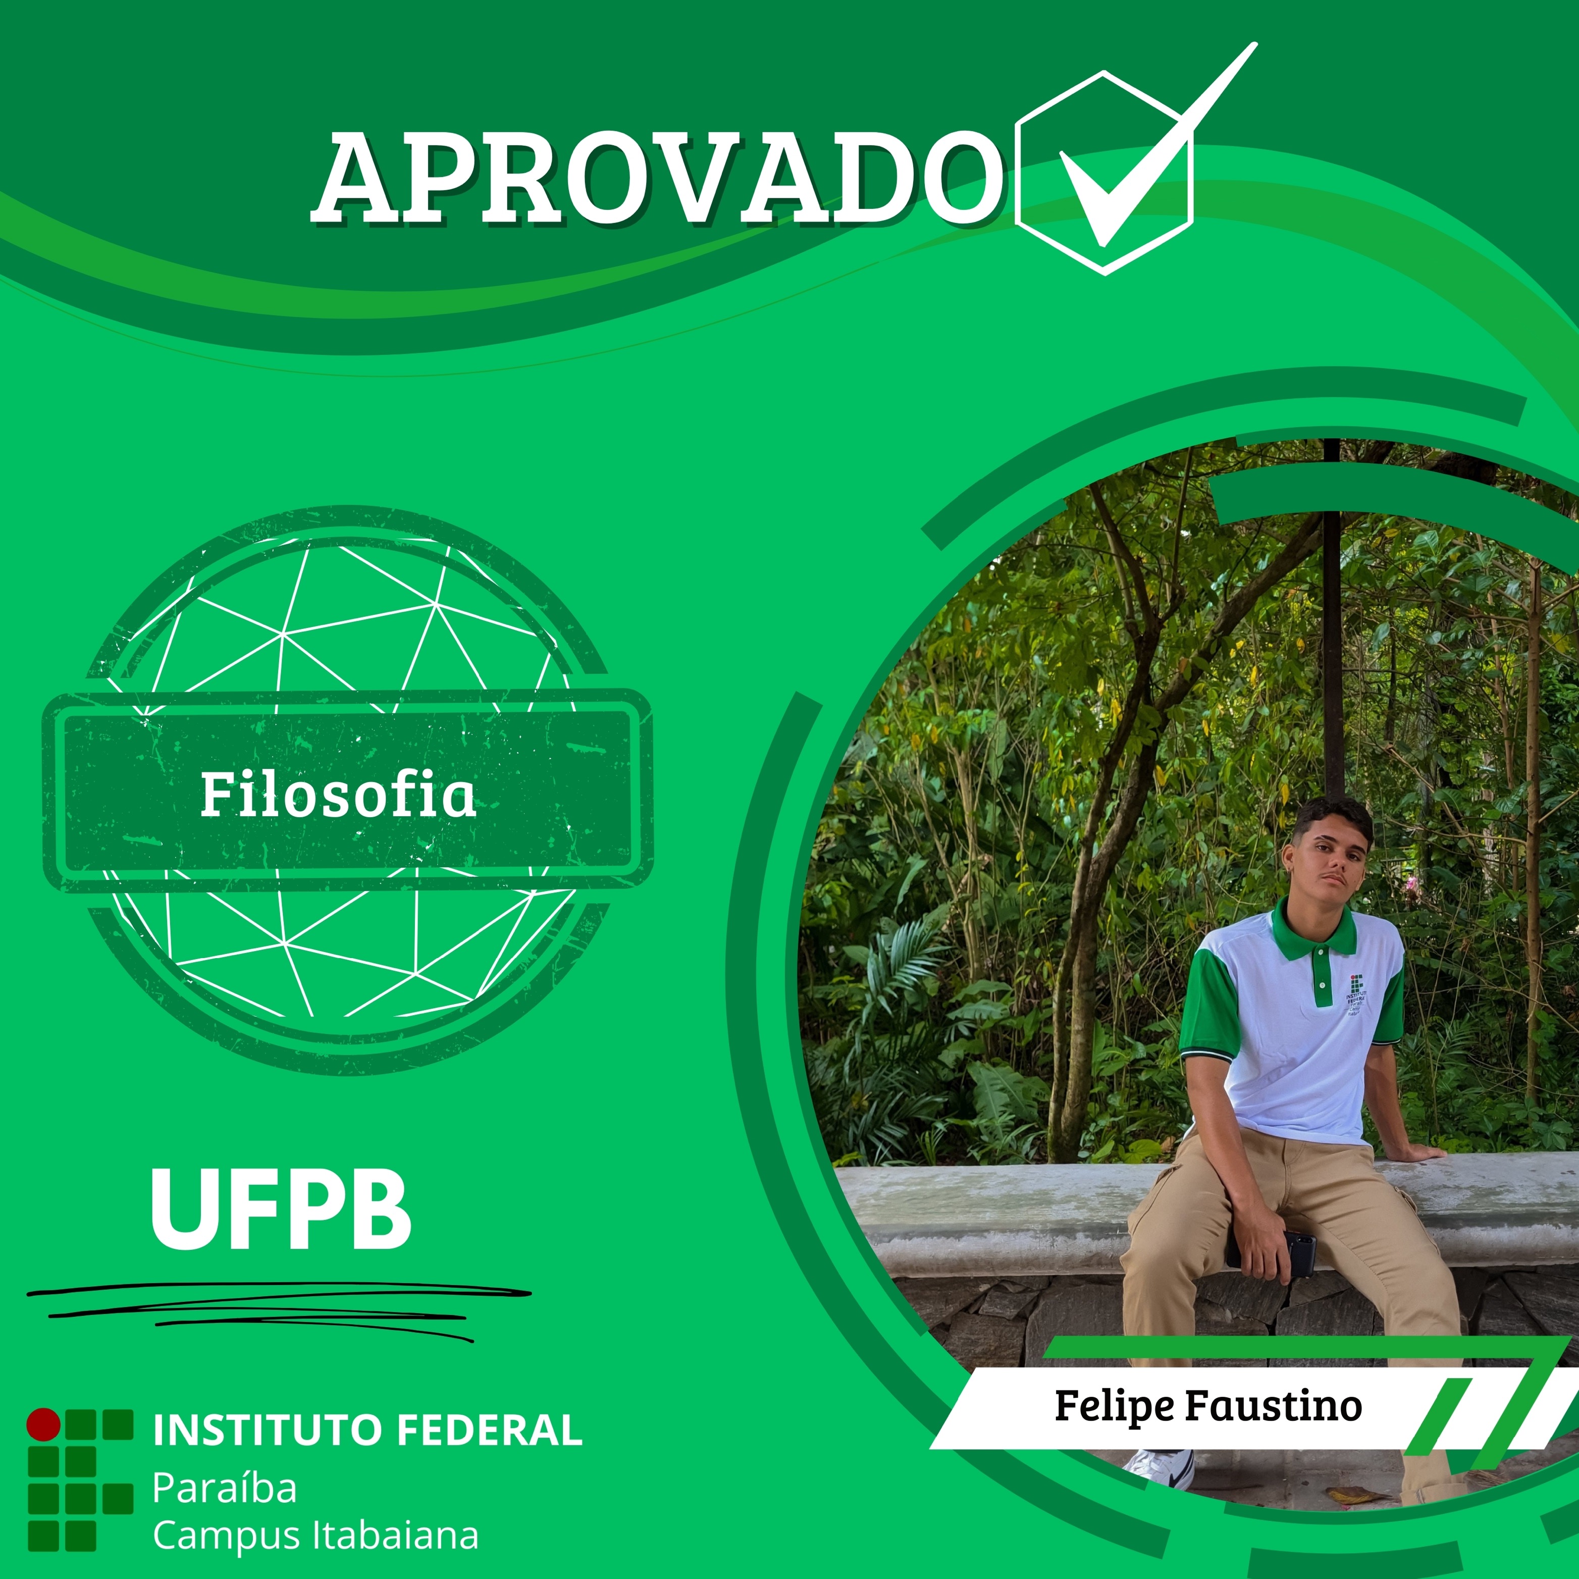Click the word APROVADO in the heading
coord(658,178)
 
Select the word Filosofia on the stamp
coord(338,795)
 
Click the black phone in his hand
coord(1295,1254)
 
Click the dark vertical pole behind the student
coord(1332,621)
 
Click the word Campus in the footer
coord(228,1537)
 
